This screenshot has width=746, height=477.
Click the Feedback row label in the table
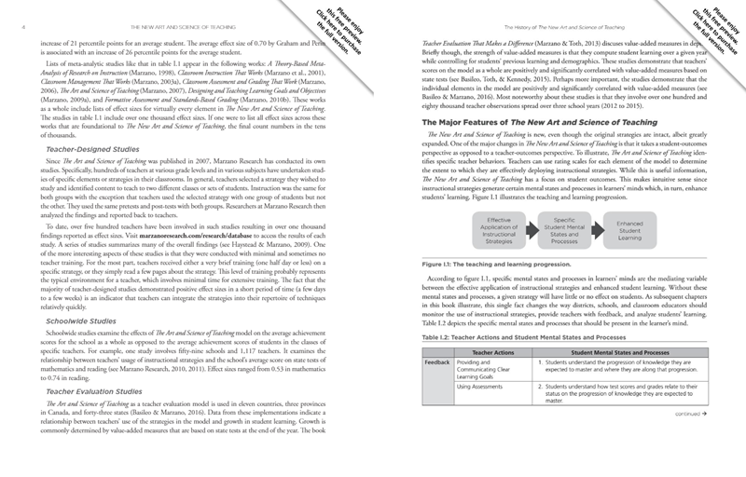coord(436,362)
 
